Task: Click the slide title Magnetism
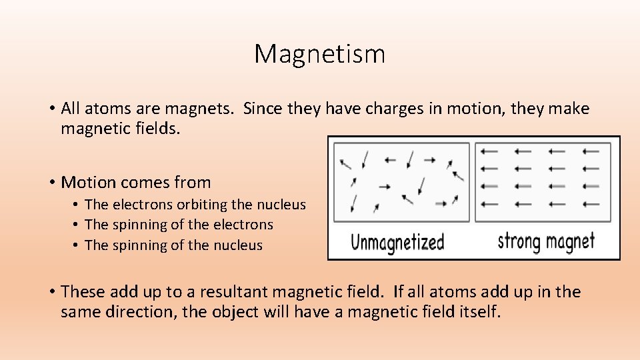pyautogui.click(x=319, y=54)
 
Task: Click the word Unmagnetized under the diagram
pyautogui.click(x=397, y=241)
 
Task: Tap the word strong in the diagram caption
pyautogui.click(x=520, y=241)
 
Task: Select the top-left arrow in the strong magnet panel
pyautogui.click(x=489, y=151)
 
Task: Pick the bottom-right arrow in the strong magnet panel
pyautogui.click(x=590, y=203)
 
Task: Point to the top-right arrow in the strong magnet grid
pyautogui.click(x=590, y=151)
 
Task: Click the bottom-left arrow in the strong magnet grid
pyautogui.click(x=489, y=203)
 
